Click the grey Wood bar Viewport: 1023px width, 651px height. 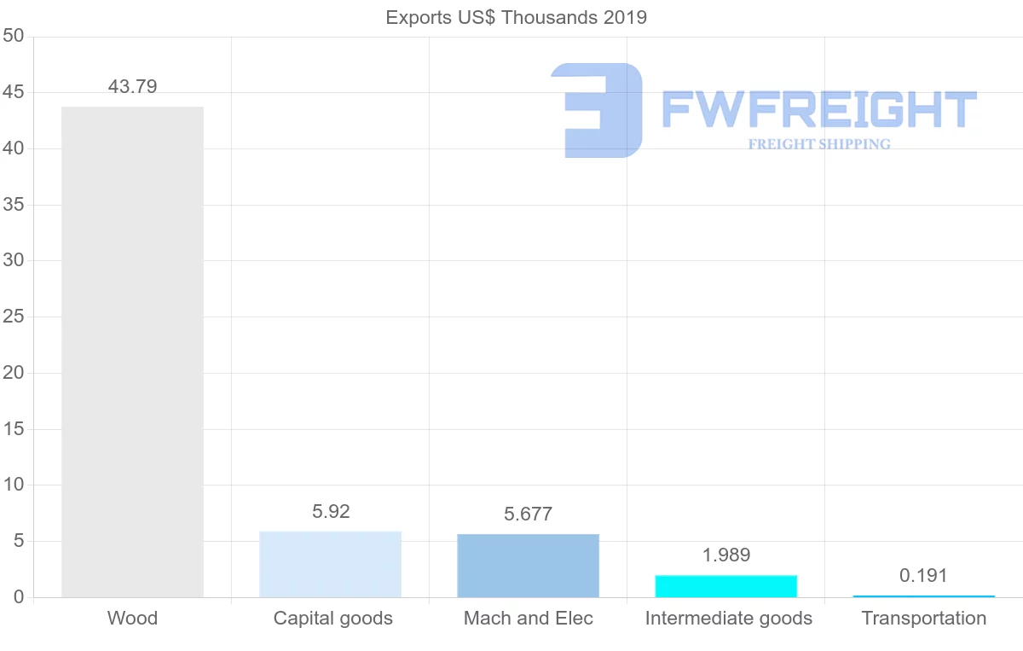click(132, 352)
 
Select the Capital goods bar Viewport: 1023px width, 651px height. click(330, 564)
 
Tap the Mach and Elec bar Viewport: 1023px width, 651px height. click(528, 565)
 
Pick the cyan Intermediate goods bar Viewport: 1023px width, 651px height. click(725, 586)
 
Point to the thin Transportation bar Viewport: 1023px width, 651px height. click(923, 596)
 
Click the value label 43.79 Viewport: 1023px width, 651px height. click(132, 86)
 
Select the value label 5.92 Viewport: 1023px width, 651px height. click(331, 511)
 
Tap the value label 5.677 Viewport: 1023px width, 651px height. click(528, 514)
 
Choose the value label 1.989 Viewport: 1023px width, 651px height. click(725, 555)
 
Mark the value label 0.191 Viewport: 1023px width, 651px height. click(923, 575)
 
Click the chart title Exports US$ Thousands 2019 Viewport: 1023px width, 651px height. click(516, 17)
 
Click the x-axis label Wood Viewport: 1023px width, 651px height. click(132, 618)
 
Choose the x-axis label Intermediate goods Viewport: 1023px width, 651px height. click(728, 618)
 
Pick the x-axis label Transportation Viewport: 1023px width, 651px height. click(923, 618)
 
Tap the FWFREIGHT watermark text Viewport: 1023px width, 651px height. click(818, 110)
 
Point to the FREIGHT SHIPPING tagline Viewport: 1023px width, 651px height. click(818, 144)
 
